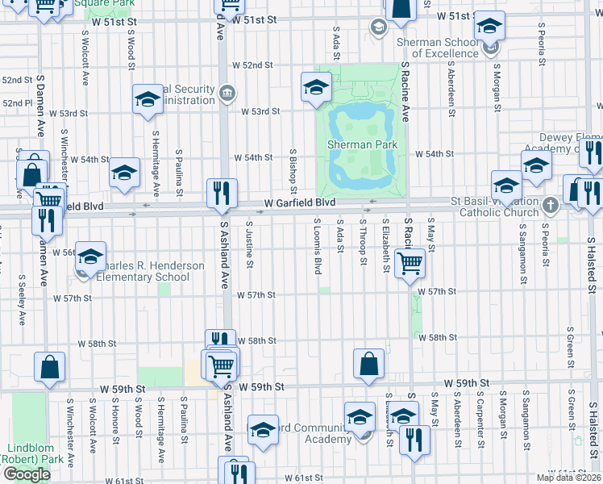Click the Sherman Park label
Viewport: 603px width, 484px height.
point(360,145)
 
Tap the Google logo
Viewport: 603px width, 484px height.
point(27,474)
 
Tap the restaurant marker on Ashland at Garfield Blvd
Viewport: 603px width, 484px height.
point(222,193)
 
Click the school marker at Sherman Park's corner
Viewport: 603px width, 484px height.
point(316,87)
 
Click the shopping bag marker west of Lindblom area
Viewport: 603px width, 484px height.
point(49,366)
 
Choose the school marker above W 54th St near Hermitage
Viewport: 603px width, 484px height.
point(124,172)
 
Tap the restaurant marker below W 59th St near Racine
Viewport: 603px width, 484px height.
point(414,440)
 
